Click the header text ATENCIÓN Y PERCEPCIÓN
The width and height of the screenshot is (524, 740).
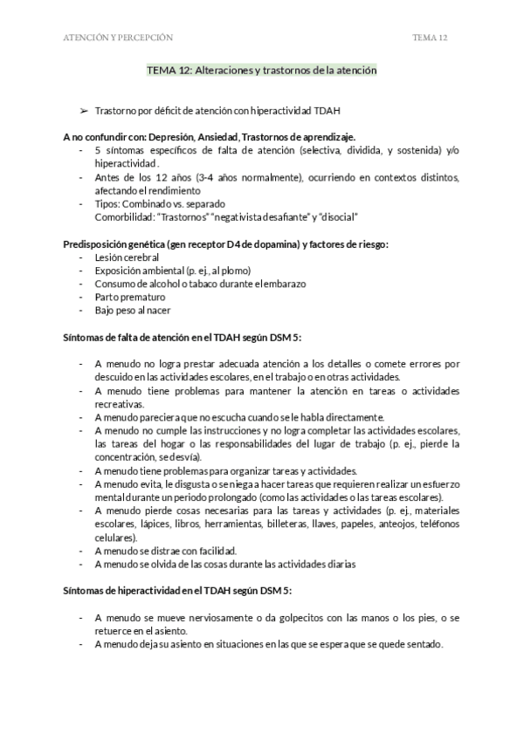click(118, 38)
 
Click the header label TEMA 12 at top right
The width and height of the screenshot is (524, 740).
click(430, 38)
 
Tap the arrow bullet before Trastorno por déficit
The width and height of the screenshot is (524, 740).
click(84, 112)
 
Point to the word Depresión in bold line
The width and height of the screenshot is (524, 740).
click(181, 137)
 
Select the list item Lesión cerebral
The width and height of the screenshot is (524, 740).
click(127, 257)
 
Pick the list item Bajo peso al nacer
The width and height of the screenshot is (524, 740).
click(133, 310)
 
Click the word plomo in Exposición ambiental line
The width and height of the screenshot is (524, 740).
click(231, 271)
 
